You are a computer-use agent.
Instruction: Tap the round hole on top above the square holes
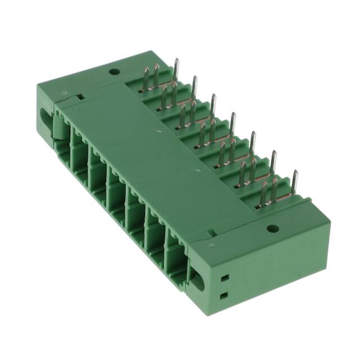tap(272, 228)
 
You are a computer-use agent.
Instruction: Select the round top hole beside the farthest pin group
tap(114, 71)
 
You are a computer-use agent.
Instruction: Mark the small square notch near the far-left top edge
tap(80, 96)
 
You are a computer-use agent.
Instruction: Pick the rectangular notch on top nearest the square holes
tap(211, 232)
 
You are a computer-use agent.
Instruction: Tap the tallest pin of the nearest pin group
tap(295, 183)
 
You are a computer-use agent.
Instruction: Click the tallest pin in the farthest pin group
tap(176, 69)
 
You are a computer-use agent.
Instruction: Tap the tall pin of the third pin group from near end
tap(253, 143)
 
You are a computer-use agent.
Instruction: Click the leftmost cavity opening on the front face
tap(78, 147)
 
